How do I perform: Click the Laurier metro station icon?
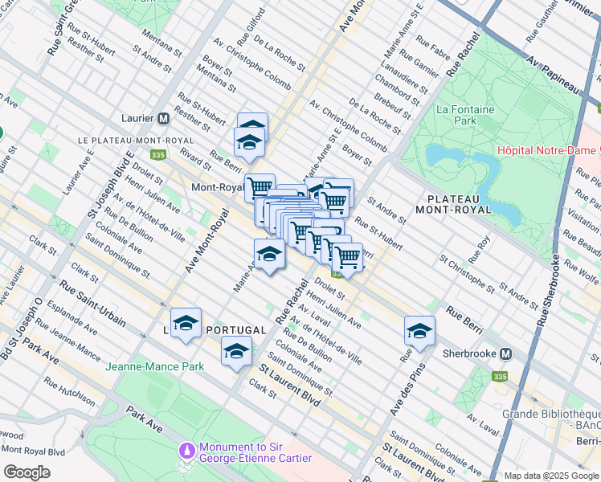[x=164, y=118]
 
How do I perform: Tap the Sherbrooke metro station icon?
[x=506, y=353]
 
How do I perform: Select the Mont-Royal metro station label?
[x=217, y=188]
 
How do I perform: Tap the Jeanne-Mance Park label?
[x=154, y=366]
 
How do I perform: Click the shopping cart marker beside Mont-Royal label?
[x=260, y=188]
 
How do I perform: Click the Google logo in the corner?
[x=27, y=472]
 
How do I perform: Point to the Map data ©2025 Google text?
[x=551, y=476]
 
